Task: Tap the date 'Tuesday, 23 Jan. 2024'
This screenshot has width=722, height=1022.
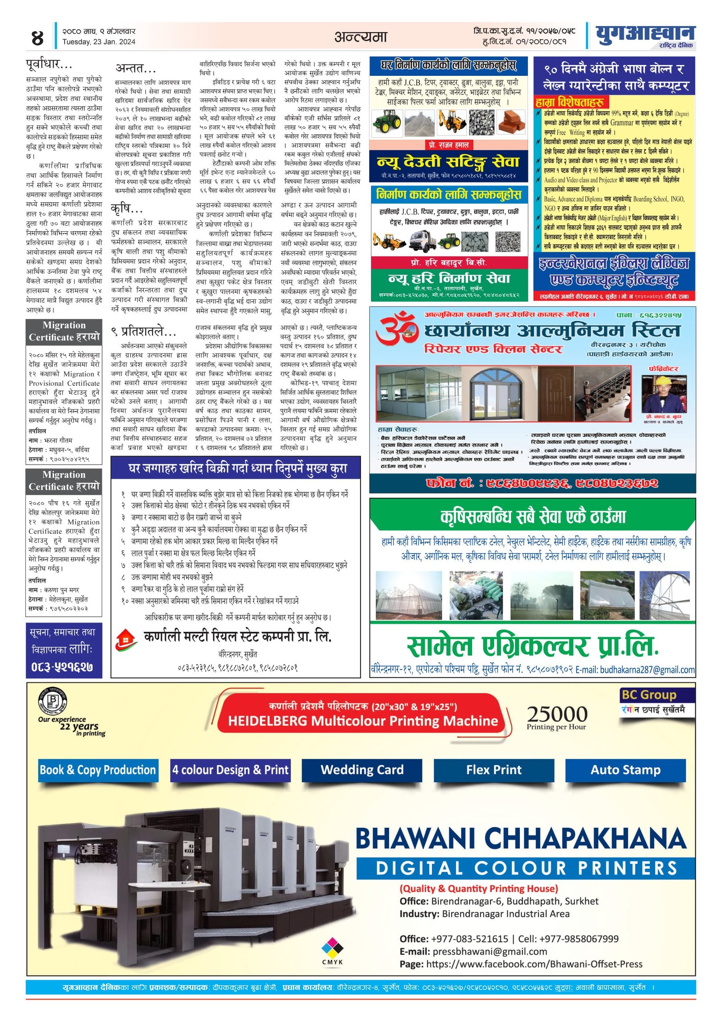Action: [x=98, y=42]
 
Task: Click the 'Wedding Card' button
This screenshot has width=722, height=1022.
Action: [x=362, y=770]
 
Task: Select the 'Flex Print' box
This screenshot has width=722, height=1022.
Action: [x=494, y=770]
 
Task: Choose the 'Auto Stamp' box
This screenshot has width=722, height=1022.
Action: [x=625, y=770]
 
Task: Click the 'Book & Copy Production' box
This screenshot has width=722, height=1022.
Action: [x=98, y=770]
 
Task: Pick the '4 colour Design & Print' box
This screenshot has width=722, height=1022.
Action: [x=230, y=770]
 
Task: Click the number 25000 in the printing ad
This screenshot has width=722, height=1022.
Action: [x=557, y=714]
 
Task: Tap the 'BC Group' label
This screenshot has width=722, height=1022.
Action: [x=648, y=695]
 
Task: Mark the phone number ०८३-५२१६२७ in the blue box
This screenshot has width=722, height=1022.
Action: [x=62, y=667]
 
